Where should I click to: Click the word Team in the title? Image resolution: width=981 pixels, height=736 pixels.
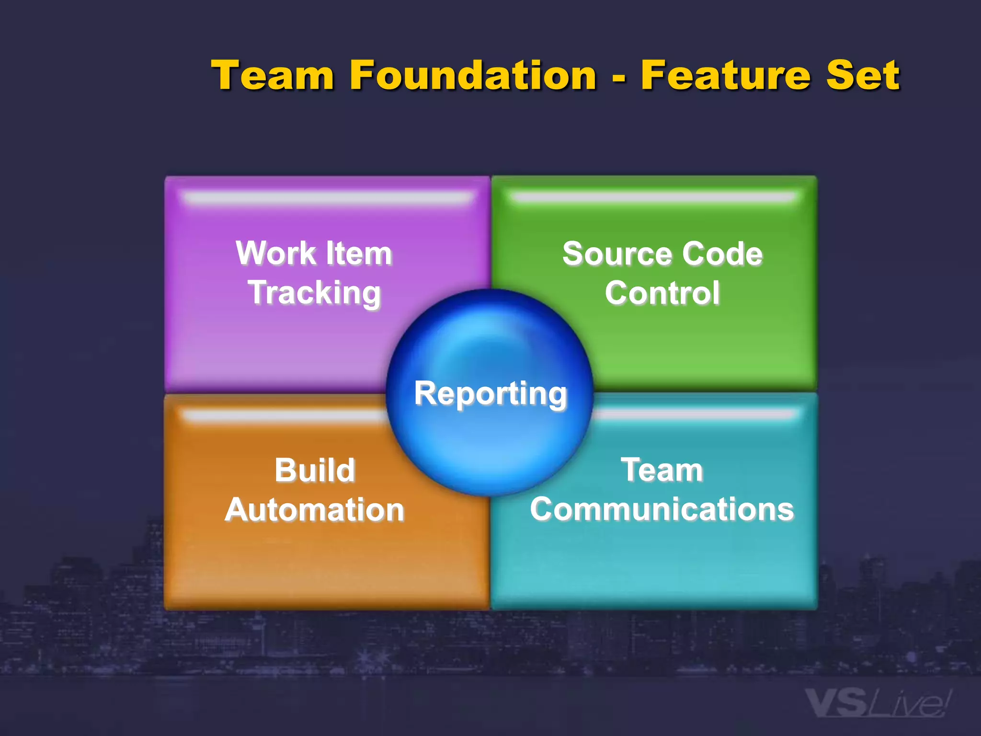[x=273, y=75]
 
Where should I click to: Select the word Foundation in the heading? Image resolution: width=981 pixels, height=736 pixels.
[x=473, y=75]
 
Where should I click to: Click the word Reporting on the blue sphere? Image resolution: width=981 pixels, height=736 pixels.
[x=490, y=394]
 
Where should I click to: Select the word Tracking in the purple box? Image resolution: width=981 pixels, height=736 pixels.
[x=314, y=293]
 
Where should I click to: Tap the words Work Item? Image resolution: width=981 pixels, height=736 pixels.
[x=314, y=253]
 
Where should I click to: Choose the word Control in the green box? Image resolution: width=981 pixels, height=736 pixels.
[x=662, y=293]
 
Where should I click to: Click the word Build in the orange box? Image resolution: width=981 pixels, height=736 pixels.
[x=315, y=470]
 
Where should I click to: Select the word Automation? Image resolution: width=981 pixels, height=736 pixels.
[x=315, y=509]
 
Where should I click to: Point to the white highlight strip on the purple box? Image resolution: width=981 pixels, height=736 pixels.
[x=328, y=197]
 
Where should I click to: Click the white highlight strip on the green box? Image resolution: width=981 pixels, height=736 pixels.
[x=654, y=197]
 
